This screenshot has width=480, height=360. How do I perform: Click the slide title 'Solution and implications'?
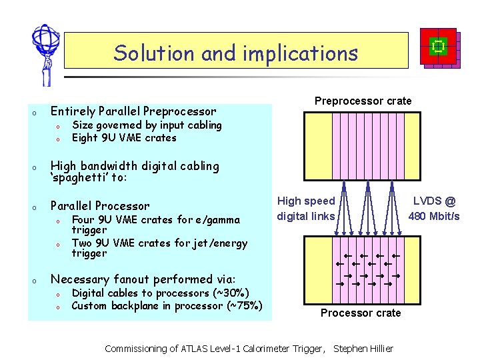click(x=235, y=53)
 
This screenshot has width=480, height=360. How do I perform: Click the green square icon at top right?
click(x=438, y=46)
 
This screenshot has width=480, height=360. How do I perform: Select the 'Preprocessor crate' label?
click(x=363, y=101)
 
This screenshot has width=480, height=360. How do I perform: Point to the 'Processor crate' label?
click(x=361, y=313)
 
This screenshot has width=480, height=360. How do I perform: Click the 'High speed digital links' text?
click(x=306, y=208)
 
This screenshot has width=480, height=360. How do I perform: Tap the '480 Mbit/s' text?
click(x=433, y=216)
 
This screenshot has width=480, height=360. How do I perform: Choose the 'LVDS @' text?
click(x=435, y=201)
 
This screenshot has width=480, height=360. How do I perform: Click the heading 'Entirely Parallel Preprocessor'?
click(x=133, y=111)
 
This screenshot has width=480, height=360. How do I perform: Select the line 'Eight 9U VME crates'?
click(x=124, y=138)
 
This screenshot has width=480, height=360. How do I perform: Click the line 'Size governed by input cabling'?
click(x=147, y=125)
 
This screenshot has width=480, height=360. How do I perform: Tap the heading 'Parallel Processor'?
click(x=100, y=206)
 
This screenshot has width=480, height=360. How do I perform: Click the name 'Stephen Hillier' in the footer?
click(x=363, y=349)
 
